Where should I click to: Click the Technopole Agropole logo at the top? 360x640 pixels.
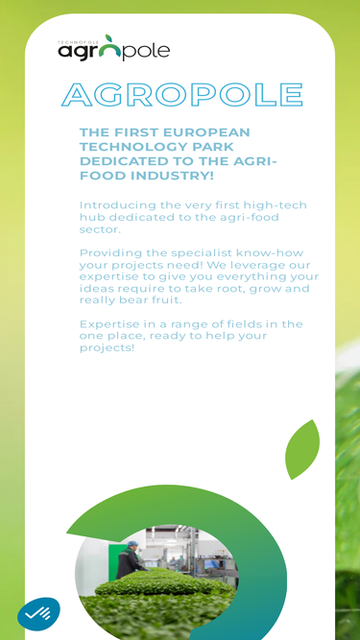pyautogui.click(x=114, y=48)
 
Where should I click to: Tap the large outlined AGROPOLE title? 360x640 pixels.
pyautogui.click(x=182, y=95)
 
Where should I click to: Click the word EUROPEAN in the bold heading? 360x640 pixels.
pyautogui.click(x=207, y=132)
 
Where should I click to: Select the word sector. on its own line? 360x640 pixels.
pyautogui.click(x=101, y=229)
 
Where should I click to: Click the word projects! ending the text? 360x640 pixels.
pyautogui.click(x=107, y=348)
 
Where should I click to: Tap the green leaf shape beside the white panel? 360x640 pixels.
pyautogui.click(x=302, y=449)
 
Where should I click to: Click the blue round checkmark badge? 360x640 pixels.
pyautogui.click(x=38, y=614)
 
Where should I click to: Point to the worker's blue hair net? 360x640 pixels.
pyautogui.click(x=132, y=544)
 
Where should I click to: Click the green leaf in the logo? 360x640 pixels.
pyautogui.click(x=109, y=39)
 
